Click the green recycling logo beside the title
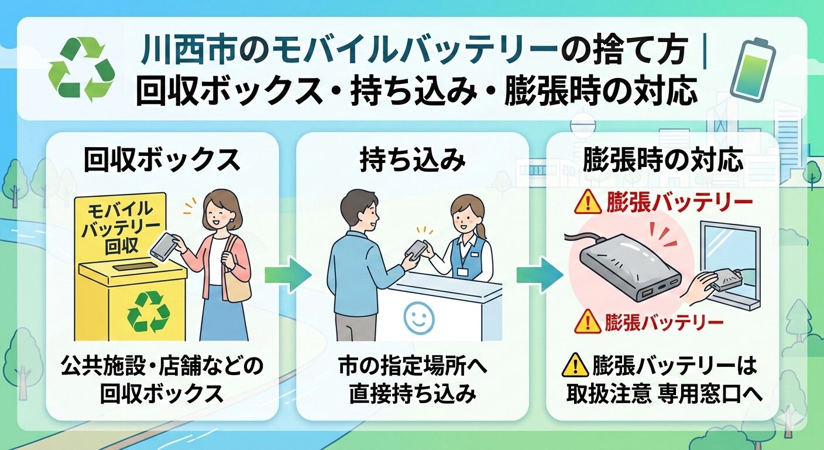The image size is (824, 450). click(x=82, y=70)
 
